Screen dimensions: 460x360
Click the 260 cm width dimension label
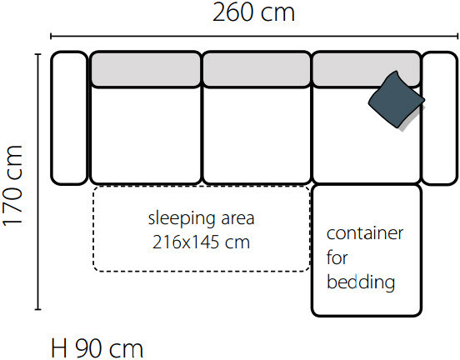coord(253,12)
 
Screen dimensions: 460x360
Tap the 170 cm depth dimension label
coord(12,186)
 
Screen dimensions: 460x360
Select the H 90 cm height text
coord(97,348)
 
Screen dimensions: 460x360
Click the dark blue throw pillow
coord(397,99)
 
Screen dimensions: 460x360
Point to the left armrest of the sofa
coord(69,118)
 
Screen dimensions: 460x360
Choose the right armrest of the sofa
coord(439,118)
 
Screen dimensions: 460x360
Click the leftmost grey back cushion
coord(146,69)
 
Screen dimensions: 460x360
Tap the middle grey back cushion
coord(257,69)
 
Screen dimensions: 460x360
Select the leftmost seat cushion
coord(146,135)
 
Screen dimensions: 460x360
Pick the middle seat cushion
coord(257,135)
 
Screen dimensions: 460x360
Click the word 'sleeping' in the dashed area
coord(182,219)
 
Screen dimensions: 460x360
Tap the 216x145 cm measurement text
coord(202,242)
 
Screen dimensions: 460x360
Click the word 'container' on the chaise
coord(365,233)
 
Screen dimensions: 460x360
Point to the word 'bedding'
coord(361,282)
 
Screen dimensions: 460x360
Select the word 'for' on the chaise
coord(337,257)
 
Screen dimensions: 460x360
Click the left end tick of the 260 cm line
coord(51,36)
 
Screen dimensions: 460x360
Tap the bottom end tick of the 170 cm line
coord(37,309)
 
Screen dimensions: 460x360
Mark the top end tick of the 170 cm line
coord(37,54)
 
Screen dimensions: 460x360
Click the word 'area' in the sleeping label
coord(237,219)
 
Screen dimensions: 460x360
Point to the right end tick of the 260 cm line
coord(457,36)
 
